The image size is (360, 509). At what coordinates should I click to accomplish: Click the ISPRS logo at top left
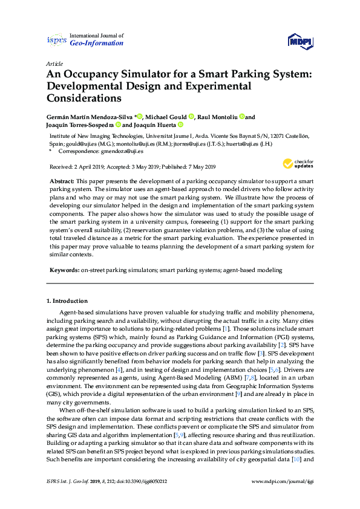(x=56, y=40)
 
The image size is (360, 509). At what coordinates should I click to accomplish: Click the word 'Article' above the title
(x=54, y=63)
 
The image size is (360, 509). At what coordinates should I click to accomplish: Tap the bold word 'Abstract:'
(x=62, y=182)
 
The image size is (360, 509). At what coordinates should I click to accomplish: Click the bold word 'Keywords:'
(x=64, y=271)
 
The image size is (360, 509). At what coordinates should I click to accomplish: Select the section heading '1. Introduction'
(x=67, y=300)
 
